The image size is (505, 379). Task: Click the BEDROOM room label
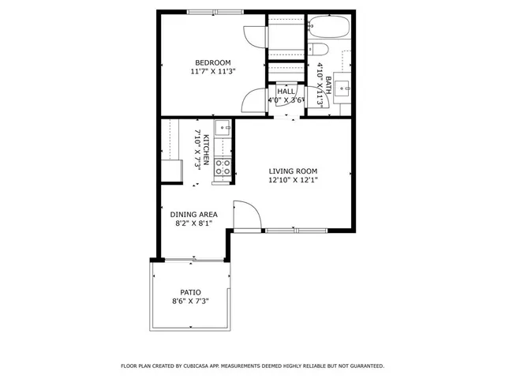[x=213, y=62]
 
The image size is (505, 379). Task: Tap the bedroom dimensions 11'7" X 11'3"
[x=213, y=71]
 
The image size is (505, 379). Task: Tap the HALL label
[x=286, y=92]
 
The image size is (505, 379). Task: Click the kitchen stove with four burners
[x=223, y=167]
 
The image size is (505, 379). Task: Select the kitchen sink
[x=223, y=128]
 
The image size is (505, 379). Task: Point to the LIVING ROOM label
[x=293, y=171]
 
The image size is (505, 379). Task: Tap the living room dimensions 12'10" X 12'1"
[x=293, y=179]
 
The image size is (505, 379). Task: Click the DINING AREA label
[x=194, y=214]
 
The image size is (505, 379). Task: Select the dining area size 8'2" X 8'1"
[x=194, y=223]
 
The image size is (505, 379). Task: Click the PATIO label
[x=191, y=292]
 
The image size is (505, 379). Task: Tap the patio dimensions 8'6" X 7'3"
[x=191, y=301]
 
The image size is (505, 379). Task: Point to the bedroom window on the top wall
[x=210, y=12]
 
